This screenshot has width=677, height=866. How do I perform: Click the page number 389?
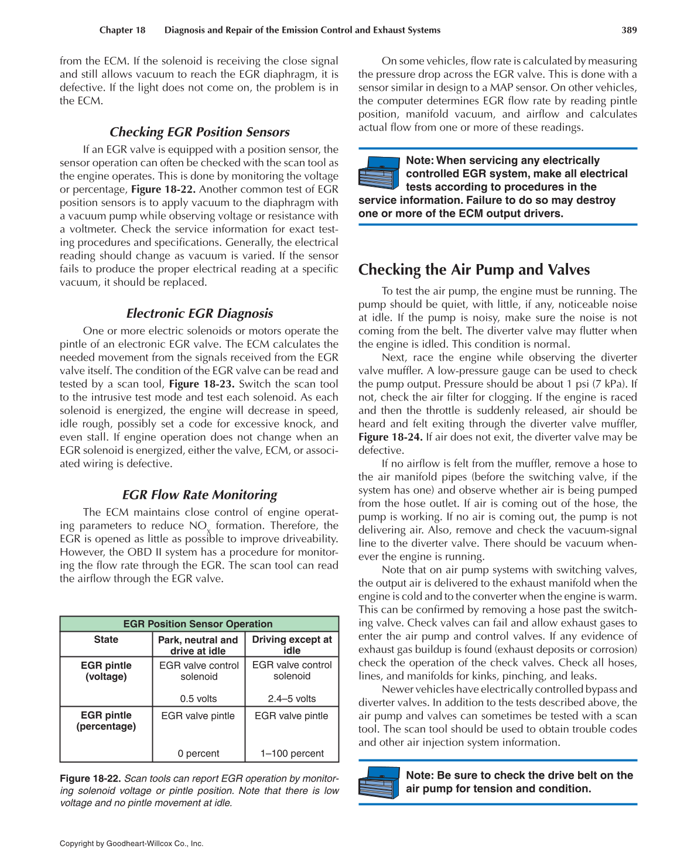pos(629,30)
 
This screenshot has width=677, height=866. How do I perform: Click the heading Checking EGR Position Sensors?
pos(199,132)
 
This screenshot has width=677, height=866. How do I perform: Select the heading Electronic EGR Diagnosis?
pos(199,313)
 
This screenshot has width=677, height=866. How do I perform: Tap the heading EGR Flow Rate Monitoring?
pos(199,495)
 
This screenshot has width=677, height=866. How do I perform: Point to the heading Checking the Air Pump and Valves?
pos(474,269)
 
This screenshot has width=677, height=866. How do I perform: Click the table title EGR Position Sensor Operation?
pos(198,624)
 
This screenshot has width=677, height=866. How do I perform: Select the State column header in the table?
pos(106,639)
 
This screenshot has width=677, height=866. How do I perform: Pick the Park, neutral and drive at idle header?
pos(198,645)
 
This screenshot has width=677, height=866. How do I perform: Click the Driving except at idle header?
pos(292,645)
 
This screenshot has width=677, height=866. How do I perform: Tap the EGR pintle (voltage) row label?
pos(106,670)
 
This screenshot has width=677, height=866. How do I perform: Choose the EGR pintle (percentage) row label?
pos(106,720)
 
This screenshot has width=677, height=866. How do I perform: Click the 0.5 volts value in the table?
pos(198,699)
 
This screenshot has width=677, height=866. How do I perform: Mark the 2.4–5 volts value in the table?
pos(292,699)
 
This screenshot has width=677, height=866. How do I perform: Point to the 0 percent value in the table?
pos(198,754)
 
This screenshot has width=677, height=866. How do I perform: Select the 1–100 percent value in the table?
pos(292,754)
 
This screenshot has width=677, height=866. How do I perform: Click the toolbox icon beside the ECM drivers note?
pos(378,172)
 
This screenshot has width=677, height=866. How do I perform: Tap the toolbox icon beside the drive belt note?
pos(378,782)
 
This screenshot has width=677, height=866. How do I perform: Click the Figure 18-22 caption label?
pos(90,778)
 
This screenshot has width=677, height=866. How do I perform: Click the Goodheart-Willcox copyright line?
pos(131,844)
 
